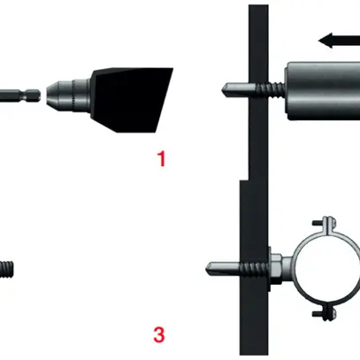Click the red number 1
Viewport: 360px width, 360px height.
click(162, 158)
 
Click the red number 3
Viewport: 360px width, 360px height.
click(159, 334)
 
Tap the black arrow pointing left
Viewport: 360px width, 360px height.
click(339, 41)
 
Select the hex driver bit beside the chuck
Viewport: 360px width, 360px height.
click(20, 96)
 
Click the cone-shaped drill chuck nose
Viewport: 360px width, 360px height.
click(53, 94)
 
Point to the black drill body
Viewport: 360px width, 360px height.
click(132, 100)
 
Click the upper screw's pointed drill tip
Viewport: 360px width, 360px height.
click(226, 88)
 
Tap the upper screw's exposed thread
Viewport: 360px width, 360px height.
click(270, 89)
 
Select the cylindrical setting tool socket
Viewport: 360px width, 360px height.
click(322, 91)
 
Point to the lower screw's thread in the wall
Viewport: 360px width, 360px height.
click(255, 268)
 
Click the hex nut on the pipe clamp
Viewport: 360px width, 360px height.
click(276, 268)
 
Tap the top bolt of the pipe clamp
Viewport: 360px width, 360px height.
click(326, 224)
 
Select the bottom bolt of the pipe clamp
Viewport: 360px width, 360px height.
click(326, 313)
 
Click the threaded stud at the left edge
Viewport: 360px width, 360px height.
click(6, 269)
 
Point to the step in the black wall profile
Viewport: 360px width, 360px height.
click(244, 180)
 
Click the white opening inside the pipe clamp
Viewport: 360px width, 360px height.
click(329, 269)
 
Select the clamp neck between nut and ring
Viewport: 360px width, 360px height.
click(287, 268)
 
